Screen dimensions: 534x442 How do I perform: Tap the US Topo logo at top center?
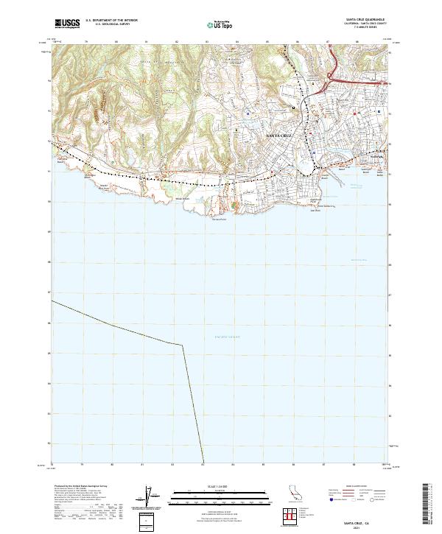221,24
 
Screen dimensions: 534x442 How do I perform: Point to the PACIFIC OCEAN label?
225,336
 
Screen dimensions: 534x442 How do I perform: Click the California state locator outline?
292,494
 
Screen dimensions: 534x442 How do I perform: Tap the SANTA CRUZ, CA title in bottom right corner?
362,519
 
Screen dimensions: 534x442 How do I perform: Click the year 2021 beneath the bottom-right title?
362,524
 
